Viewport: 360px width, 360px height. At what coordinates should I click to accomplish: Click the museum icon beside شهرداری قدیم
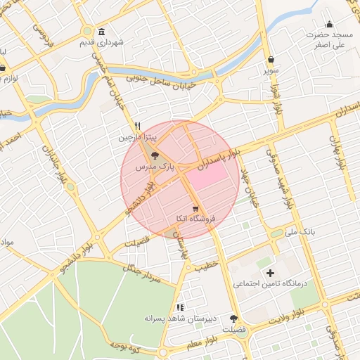103,32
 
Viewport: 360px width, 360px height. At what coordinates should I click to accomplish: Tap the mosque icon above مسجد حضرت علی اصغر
330,25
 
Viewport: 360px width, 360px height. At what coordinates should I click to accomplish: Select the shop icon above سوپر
271,60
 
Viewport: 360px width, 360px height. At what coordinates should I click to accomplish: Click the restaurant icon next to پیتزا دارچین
139,127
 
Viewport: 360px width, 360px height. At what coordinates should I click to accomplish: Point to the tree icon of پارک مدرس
155,156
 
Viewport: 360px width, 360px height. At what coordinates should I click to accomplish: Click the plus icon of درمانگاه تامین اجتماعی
269,273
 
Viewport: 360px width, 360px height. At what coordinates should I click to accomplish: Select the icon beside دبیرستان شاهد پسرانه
180,307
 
